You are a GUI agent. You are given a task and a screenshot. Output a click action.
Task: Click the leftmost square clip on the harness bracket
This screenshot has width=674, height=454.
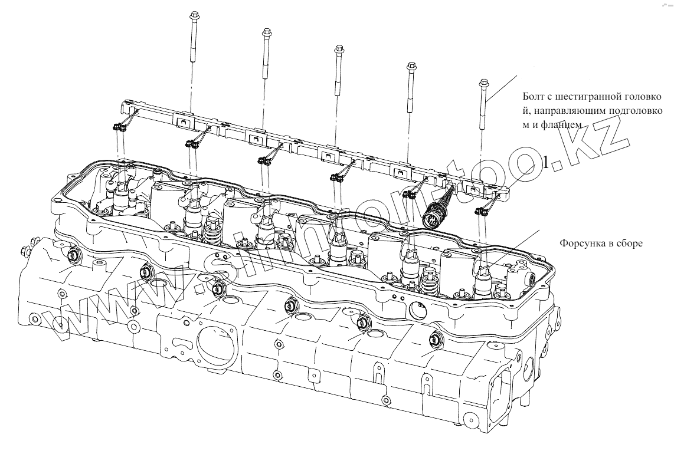tap(184, 123)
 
